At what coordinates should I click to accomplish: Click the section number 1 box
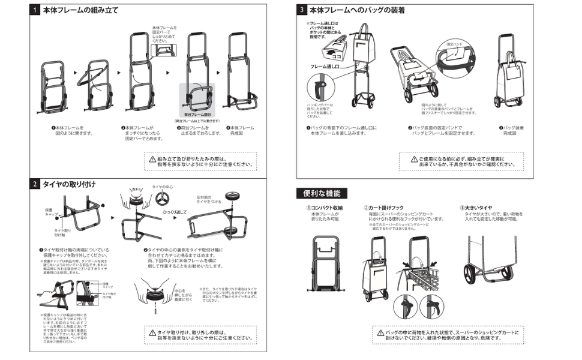(36, 10)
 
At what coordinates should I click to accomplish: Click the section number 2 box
(36, 184)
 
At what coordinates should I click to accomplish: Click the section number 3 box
(302, 10)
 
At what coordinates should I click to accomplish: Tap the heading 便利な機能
(322, 193)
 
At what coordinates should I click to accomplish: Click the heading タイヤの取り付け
(69, 184)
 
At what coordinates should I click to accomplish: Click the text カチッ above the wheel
(136, 188)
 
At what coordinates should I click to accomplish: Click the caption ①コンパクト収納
(325, 208)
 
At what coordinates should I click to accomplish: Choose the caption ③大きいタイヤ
(476, 208)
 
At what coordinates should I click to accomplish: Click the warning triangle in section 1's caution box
(151, 160)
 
